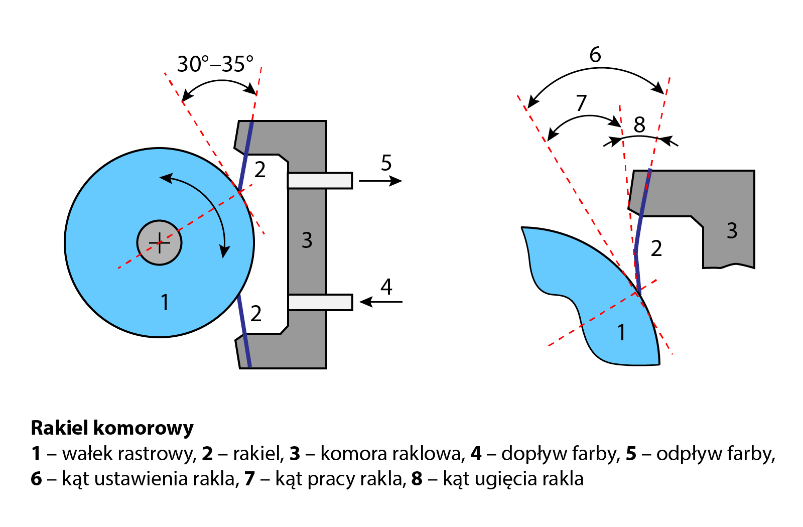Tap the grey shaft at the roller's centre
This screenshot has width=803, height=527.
click(x=159, y=243)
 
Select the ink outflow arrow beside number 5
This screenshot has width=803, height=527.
click(x=380, y=181)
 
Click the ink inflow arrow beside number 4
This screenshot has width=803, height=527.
click(x=381, y=302)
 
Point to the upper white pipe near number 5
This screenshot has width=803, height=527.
click(x=320, y=181)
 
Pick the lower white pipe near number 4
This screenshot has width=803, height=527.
click(x=320, y=302)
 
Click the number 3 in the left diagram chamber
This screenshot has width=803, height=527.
click(x=307, y=240)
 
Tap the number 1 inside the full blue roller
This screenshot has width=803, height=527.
click(x=164, y=302)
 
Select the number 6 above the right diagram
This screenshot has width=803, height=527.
click(x=595, y=55)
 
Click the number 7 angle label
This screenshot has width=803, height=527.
click(x=581, y=103)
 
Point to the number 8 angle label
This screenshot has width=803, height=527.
click(x=639, y=125)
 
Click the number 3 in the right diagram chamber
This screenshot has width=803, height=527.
click(x=732, y=231)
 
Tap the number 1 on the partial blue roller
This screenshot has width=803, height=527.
click(x=621, y=332)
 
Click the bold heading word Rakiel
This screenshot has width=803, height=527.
click(x=60, y=428)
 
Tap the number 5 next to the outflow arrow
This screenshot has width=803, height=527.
click(x=386, y=163)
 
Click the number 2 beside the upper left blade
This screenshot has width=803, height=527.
click(x=259, y=170)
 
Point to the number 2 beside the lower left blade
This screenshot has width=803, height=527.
click(x=256, y=314)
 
